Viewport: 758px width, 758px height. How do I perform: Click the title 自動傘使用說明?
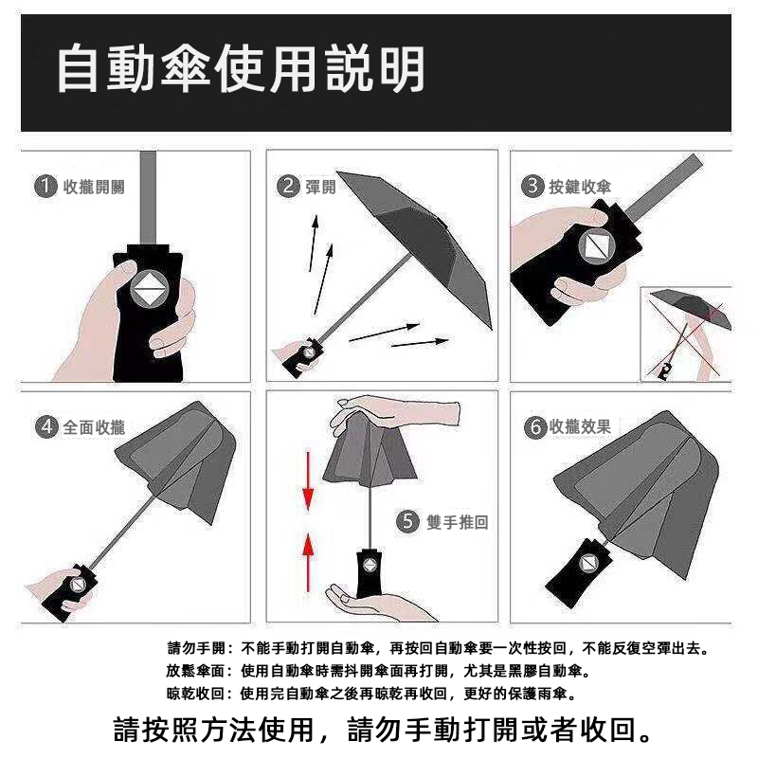point(241,68)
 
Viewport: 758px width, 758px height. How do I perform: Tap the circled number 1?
point(45,186)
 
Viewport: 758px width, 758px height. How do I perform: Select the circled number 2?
point(288,186)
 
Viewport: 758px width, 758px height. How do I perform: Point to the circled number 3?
point(532,186)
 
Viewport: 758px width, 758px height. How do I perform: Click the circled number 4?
point(45,427)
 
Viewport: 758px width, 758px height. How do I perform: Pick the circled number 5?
point(407,522)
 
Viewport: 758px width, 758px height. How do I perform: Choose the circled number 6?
point(535,427)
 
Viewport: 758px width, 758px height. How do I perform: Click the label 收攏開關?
point(94,187)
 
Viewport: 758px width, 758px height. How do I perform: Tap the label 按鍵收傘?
point(580,187)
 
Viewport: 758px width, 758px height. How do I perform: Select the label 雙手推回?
point(458,522)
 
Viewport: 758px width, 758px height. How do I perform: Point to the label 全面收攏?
point(94,427)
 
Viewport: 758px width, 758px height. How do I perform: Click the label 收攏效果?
point(580,427)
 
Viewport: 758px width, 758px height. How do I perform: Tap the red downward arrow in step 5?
point(308,481)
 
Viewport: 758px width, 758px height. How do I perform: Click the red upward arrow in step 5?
point(308,562)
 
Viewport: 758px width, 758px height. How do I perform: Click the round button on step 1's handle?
point(150,289)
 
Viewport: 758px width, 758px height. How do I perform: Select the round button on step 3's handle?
point(597,247)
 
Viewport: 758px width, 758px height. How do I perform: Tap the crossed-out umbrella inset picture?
point(686,334)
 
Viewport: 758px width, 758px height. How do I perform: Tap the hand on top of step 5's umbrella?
point(394,412)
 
